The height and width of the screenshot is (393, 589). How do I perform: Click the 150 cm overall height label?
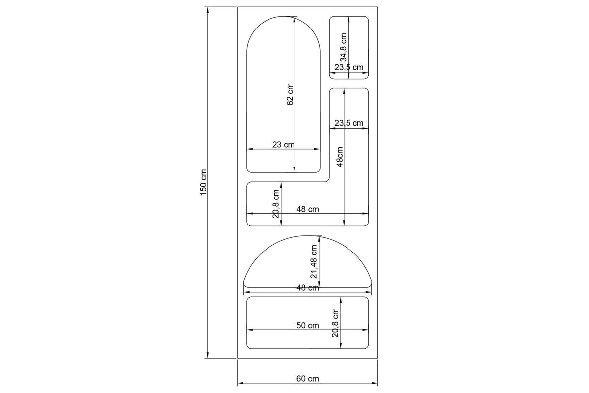(204, 182)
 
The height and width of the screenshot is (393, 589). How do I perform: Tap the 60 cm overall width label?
(307, 379)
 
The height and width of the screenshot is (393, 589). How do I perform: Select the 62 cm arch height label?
(290, 94)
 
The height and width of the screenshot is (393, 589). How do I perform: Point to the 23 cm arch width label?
(283, 145)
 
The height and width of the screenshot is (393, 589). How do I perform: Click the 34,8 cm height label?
(343, 47)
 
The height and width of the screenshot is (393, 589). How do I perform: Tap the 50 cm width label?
(307, 325)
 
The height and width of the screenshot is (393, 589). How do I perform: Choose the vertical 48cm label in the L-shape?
(340, 157)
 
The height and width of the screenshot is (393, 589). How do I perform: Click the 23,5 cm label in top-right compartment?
(348, 67)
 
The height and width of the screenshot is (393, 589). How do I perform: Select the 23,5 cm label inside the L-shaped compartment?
(348, 123)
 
